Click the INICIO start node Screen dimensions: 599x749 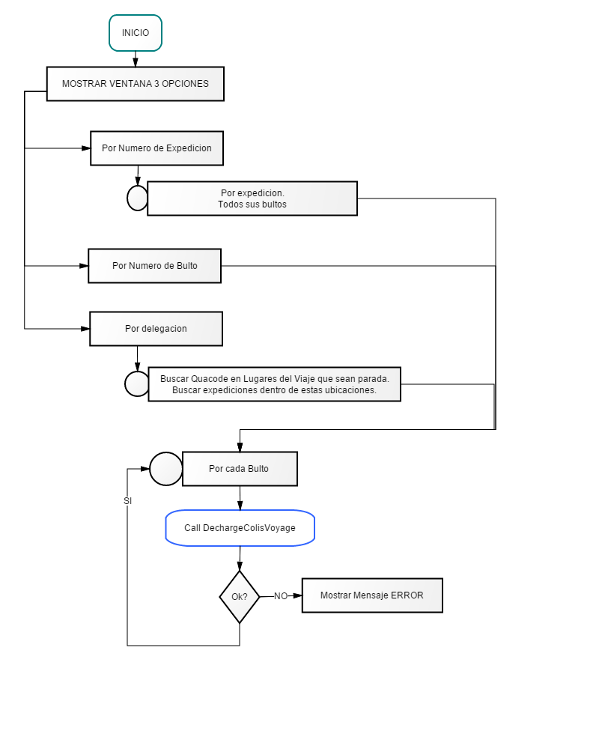(136, 33)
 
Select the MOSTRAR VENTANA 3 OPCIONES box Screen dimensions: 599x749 (136, 84)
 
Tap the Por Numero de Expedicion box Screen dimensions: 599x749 (156, 148)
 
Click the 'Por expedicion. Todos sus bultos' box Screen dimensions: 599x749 (252, 198)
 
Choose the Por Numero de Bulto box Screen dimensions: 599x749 (155, 266)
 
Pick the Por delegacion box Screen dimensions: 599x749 (156, 329)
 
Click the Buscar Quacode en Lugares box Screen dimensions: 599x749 (275, 384)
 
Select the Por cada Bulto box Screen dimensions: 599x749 (240, 469)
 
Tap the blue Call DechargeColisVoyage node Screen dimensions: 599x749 (240, 528)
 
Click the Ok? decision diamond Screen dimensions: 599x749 (240, 597)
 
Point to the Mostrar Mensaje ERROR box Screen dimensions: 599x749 (372, 595)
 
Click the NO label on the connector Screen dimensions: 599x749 (281, 596)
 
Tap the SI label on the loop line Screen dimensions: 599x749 (127, 500)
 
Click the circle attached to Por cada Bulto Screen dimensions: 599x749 (165, 469)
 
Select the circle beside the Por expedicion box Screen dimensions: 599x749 (138, 198)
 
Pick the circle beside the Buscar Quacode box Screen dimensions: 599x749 (137, 384)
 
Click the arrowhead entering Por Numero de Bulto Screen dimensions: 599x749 (84, 266)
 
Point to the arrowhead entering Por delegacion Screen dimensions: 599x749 (85, 329)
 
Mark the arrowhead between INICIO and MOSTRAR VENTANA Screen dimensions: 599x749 (136, 62)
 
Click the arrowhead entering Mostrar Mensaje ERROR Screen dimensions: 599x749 (297, 595)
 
